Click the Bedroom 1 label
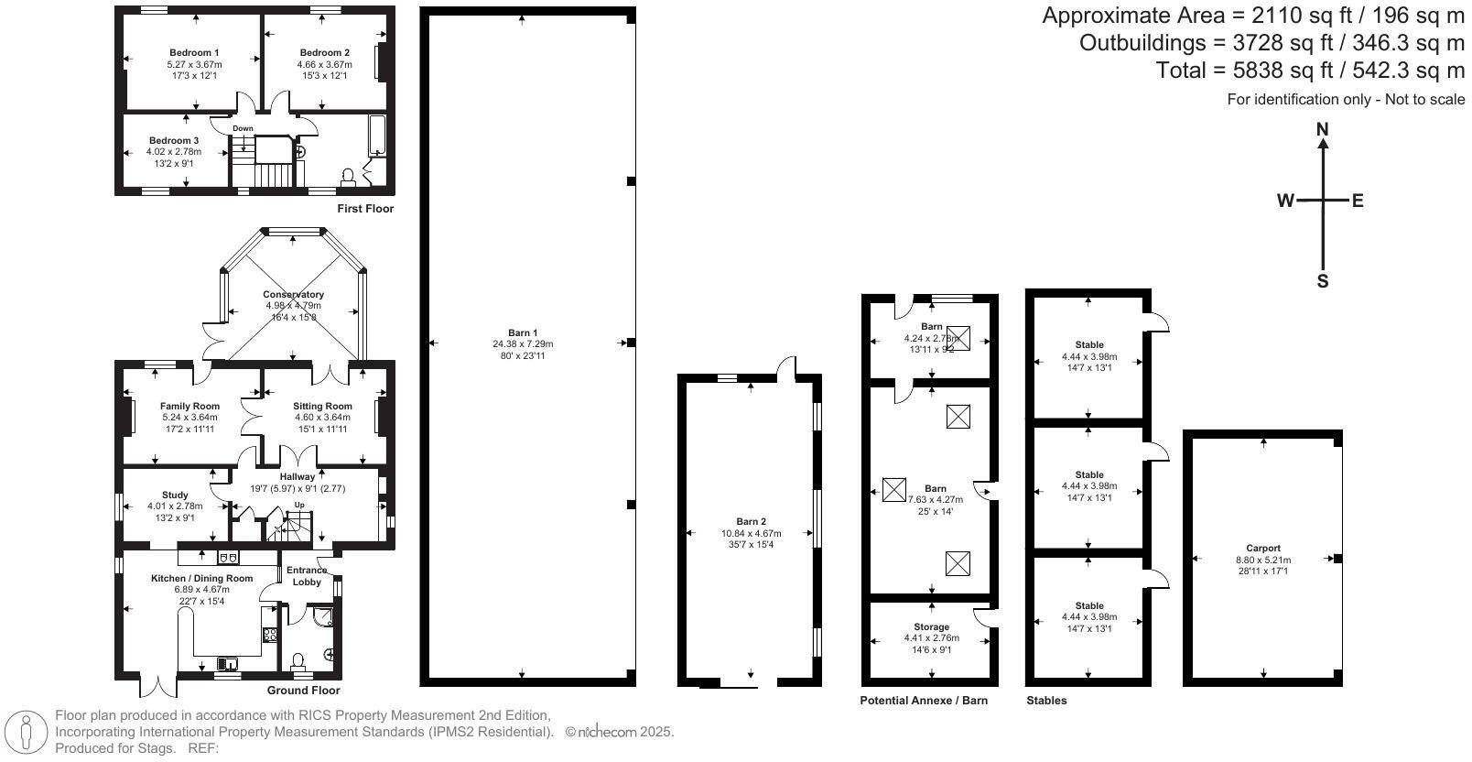pos(194,53)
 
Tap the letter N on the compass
pos(1322,130)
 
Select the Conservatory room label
pos(293,295)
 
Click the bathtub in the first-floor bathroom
pos(377,137)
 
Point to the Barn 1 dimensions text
pos(523,344)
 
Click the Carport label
pos(1263,549)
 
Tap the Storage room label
pos(932,627)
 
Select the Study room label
pos(175,495)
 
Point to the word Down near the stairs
pos(243,128)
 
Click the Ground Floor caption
pos(303,691)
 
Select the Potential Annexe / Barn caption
pos(924,701)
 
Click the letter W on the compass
pos(1286,201)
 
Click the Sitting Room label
pos(322,406)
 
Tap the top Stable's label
pos(1089,345)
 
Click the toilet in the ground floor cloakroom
pos(298,660)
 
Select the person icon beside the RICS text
pos(27,733)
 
